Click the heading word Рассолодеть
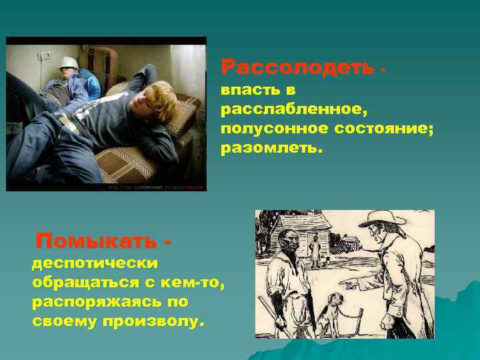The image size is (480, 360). click(298, 67)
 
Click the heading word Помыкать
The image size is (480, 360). click(97, 239)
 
